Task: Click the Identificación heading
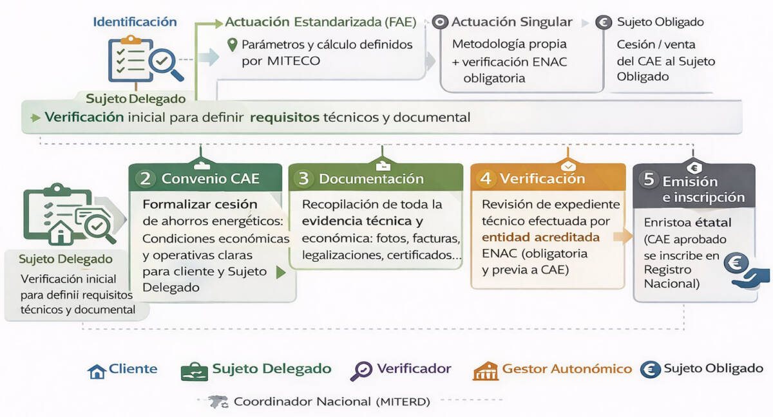click(135, 21)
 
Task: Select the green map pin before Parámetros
click(233, 45)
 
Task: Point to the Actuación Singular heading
click(511, 22)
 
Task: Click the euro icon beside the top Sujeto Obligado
click(604, 23)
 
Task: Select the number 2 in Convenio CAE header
click(146, 178)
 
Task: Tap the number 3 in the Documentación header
click(303, 179)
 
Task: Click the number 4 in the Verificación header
click(486, 178)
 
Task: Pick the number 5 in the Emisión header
click(649, 180)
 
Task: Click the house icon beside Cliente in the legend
click(97, 371)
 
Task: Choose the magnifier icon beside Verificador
click(361, 371)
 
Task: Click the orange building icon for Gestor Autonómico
click(485, 371)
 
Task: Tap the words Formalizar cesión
click(200, 204)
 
